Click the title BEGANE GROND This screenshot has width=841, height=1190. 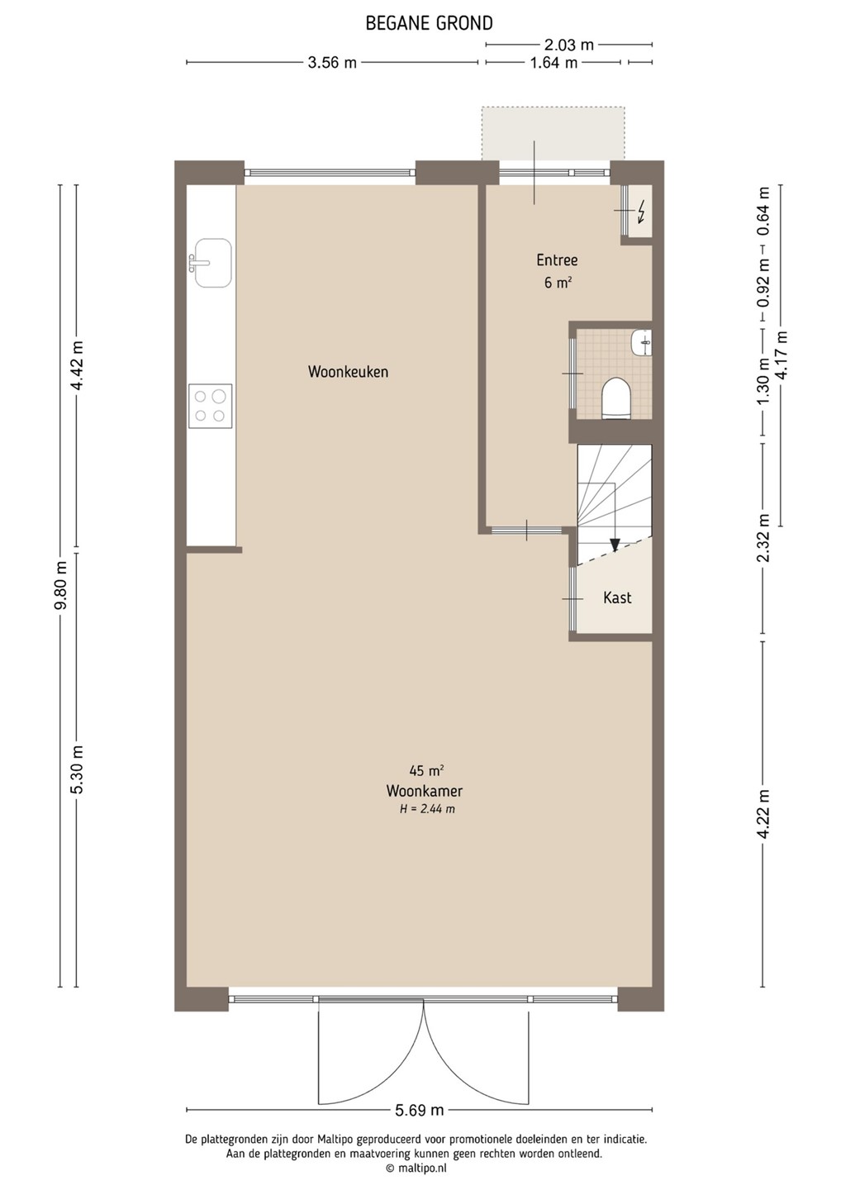tap(429, 23)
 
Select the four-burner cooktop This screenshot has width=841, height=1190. tap(210, 406)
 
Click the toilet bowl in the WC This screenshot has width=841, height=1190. tap(616, 398)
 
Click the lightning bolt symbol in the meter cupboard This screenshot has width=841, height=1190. tap(641, 212)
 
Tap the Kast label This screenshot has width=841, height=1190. tap(617, 597)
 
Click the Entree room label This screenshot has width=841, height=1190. tap(557, 259)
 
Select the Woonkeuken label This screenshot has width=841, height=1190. tap(348, 371)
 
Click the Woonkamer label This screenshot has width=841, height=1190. tap(424, 791)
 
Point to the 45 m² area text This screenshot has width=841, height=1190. tap(426, 770)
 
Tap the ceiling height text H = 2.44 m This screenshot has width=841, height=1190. tap(427, 810)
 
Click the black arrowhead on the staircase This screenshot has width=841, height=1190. tap(615, 545)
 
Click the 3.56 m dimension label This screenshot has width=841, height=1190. tap(332, 63)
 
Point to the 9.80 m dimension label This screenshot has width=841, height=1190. tap(62, 583)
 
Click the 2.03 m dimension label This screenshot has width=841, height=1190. tap(569, 45)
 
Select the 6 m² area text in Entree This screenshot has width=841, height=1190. tap(558, 283)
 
